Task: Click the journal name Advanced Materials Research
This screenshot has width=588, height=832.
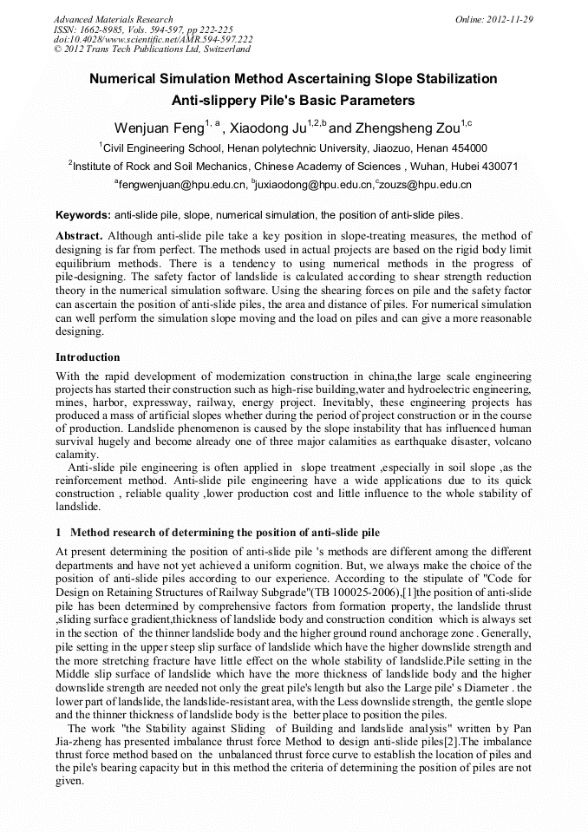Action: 113,19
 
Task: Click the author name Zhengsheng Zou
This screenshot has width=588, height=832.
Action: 406,128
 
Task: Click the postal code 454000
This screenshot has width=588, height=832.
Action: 467,148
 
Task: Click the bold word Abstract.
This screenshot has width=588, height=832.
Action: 79,236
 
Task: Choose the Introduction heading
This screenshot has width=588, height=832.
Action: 88,357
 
